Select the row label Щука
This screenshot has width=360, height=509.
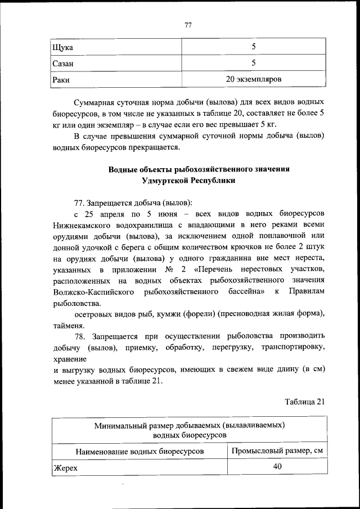pyautogui.click(x=62, y=47)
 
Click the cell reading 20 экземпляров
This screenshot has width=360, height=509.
pyautogui.click(x=253, y=79)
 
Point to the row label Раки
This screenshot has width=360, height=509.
pyautogui.click(x=61, y=80)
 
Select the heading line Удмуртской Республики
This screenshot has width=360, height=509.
pyautogui.click(x=188, y=181)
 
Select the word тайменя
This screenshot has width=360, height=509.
pyautogui.click(x=69, y=325)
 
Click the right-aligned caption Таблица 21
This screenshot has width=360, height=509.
pyautogui.click(x=305, y=401)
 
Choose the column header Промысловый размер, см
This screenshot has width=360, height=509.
pyautogui.click(x=277, y=451)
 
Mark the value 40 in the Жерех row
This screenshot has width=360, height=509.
pyautogui.click(x=277, y=467)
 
